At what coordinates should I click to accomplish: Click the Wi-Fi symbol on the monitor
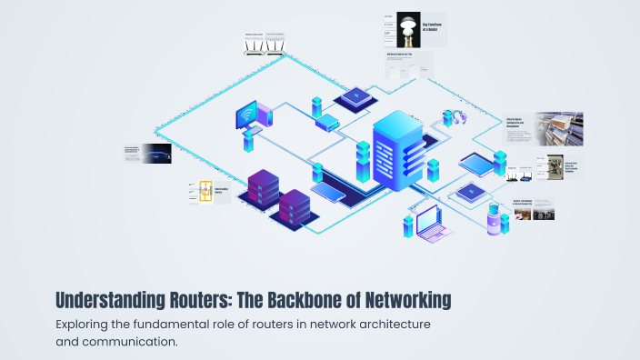(x=246, y=118)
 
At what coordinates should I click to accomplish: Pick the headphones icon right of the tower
(x=453, y=118)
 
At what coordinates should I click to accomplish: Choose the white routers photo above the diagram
(x=263, y=45)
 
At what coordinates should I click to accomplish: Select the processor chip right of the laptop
(x=471, y=192)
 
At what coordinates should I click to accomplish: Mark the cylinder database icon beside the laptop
(x=494, y=221)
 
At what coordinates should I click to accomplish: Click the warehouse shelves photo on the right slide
(x=553, y=128)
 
